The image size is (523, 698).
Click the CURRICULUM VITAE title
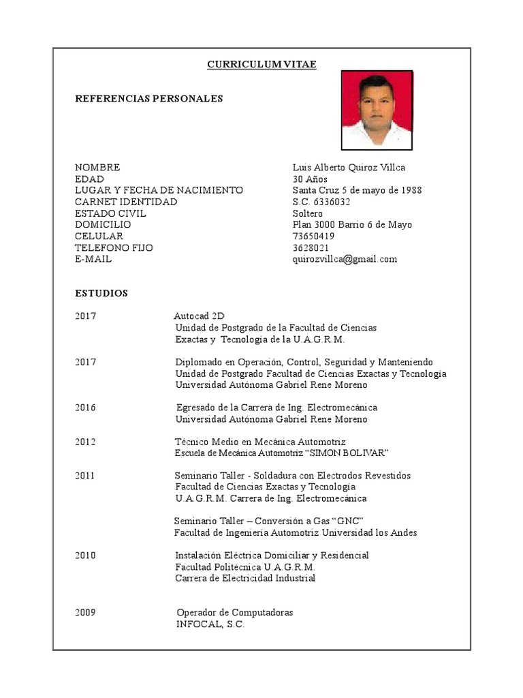261,65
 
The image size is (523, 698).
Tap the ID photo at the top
377,109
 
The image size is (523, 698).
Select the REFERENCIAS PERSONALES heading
148,99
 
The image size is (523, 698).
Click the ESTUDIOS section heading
101,293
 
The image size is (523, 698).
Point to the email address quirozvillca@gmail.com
345,259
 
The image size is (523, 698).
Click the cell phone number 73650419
313,236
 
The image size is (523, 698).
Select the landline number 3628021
311,247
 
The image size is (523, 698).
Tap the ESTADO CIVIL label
110,213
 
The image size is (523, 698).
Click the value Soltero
308,213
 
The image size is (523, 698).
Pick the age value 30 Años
311,179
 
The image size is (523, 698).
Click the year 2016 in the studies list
86,408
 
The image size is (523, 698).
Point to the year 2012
86,442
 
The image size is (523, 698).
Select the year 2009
86,613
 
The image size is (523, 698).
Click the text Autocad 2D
199,316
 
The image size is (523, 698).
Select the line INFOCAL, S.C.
210,624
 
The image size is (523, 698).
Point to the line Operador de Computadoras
234,613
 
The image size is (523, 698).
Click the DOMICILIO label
103,224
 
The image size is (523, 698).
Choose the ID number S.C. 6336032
321,202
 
